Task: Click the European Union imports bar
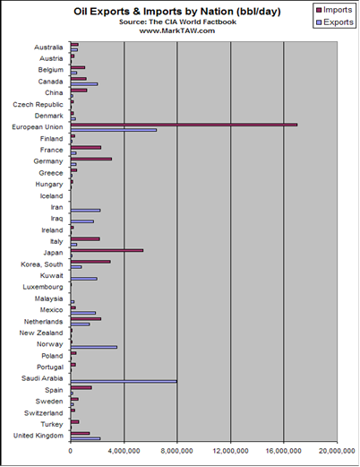coord(184,125)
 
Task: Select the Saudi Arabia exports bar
coord(124,382)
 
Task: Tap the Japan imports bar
coord(107,250)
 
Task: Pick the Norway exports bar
coord(94,347)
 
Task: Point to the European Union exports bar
coord(114,130)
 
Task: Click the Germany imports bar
coord(91,159)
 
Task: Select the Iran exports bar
coord(85,211)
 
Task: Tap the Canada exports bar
coord(84,84)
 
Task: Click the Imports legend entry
coord(334,10)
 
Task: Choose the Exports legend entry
coord(334,22)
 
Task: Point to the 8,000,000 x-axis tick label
coord(176,451)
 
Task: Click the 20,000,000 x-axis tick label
coord(337,451)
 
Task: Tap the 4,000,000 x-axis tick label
coord(124,451)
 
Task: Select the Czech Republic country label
coord(38,105)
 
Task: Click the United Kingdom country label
coord(39,436)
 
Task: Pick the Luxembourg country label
coord(43,288)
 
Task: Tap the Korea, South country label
coord(42,264)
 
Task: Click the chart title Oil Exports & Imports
coord(177,12)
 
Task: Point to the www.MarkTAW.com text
coord(177,30)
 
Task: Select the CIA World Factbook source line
coord(177,22)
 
